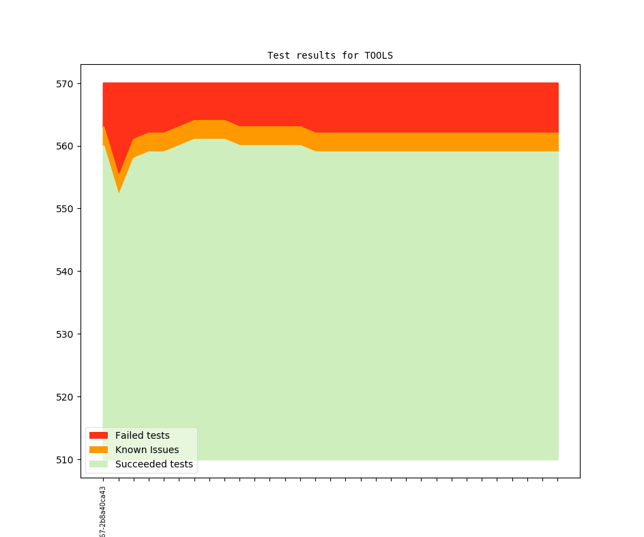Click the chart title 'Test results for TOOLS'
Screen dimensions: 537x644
click(x=330, y=55)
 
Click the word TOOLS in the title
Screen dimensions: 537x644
click(x=379, y=55)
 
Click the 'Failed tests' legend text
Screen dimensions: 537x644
click(x=142, y=435)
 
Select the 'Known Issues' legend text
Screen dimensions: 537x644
click(x=147, y=450)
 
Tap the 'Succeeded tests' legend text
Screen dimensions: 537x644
click(x=153, y=465)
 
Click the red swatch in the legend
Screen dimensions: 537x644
click(x=98, y=435)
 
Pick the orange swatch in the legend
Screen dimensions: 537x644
click(x=98, y=450)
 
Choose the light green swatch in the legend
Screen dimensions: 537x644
click(x=98, y=465)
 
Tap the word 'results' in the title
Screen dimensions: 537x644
click(x=312, y=55)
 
